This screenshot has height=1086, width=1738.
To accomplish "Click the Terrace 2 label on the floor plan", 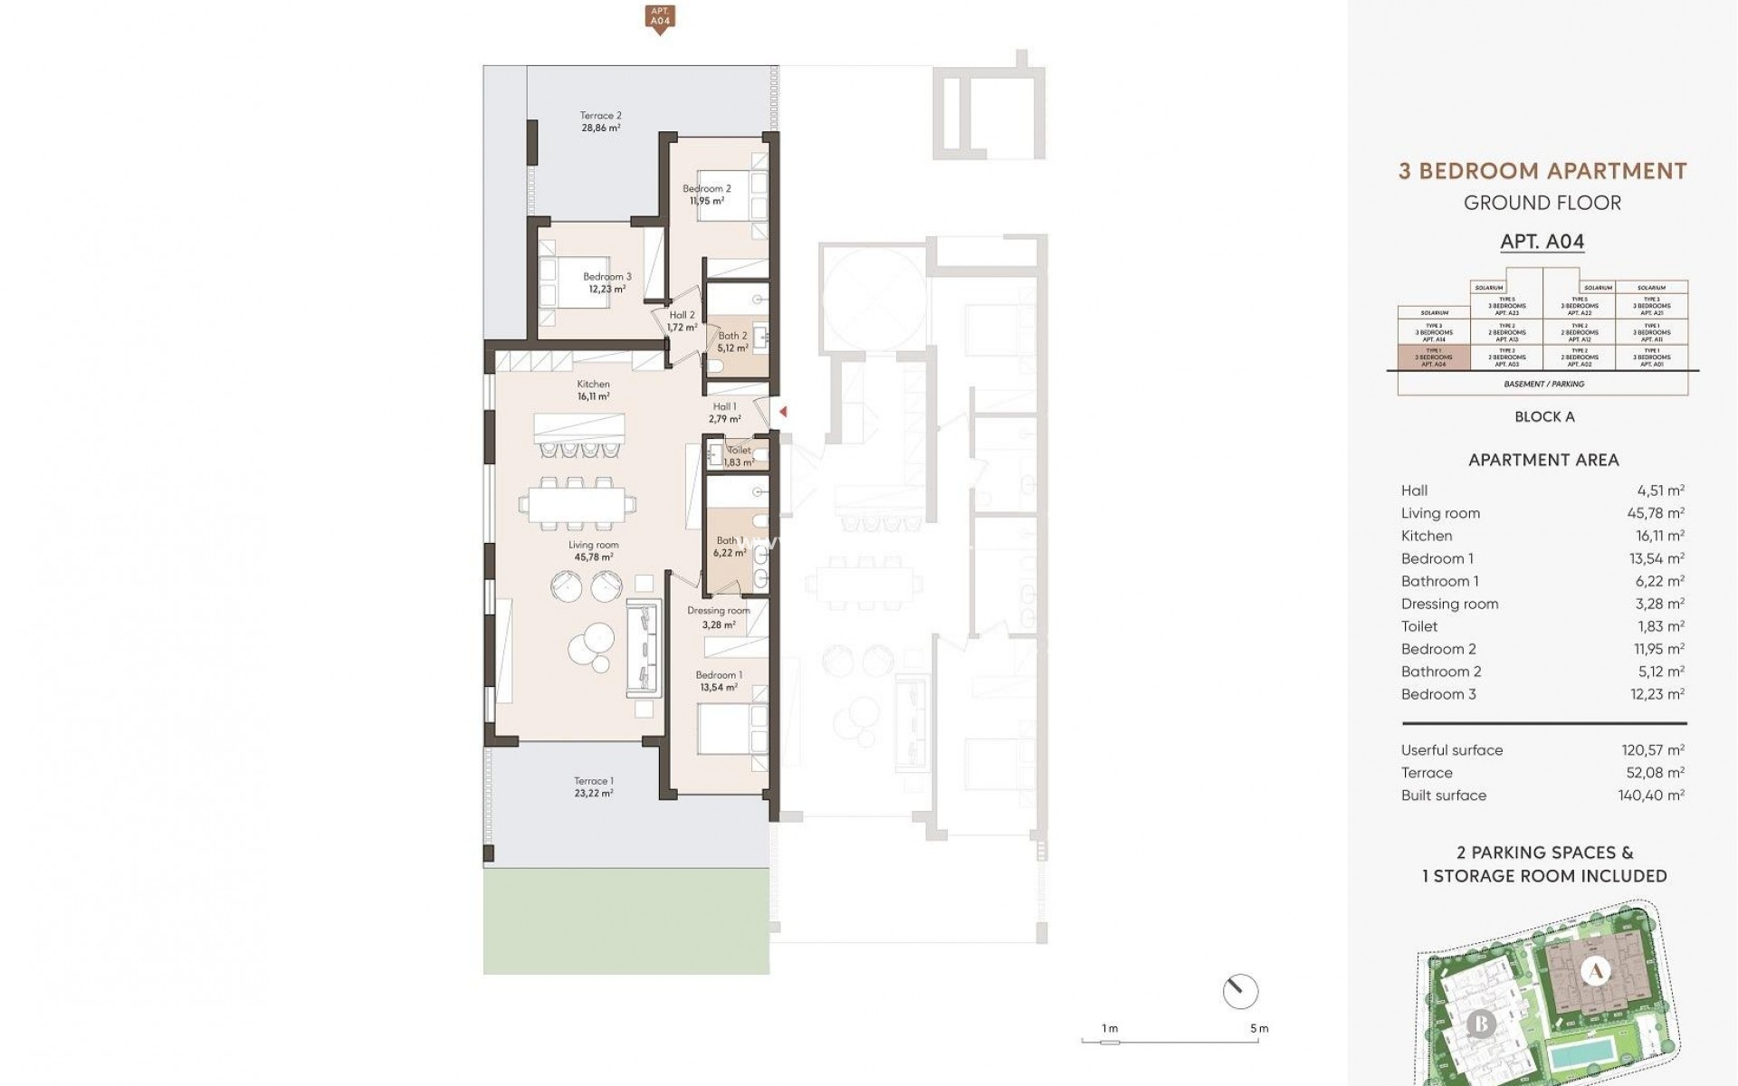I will [600, 122].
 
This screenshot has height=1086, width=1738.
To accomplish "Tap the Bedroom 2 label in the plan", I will [706, 195].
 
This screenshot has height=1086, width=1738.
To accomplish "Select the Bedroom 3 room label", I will [606, 283].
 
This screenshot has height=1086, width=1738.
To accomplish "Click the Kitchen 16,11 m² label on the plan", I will [593, 390].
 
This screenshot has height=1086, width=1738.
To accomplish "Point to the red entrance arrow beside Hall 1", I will [783, 412].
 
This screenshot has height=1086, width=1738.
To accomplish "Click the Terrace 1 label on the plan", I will [593, 786].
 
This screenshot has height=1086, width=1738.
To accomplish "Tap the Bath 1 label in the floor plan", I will [729, 547].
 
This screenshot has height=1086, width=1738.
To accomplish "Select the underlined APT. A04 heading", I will [1542, 242].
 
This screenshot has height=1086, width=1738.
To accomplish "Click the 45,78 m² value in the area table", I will [1657, 513].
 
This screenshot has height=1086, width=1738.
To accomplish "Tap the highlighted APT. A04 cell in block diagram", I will [1433, 357].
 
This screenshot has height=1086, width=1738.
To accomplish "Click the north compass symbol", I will [1239, 992].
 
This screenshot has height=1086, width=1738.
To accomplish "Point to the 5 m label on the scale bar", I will [1258, 1028].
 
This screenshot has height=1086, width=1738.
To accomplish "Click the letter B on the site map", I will [1481, 1024].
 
